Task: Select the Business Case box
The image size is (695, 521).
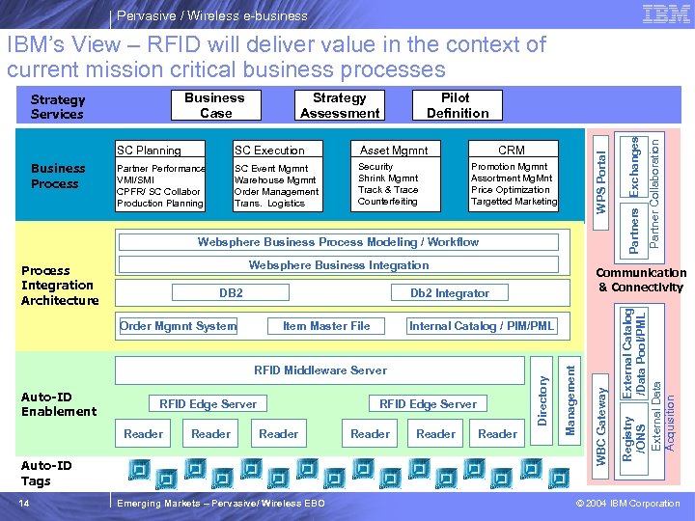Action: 214,105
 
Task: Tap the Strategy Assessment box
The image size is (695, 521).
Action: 340,105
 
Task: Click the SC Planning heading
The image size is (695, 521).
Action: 149,151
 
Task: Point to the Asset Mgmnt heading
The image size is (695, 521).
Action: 394,151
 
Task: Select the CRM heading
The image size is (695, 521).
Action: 512,151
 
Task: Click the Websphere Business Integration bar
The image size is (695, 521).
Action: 339,265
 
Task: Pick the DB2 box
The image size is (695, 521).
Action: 232,293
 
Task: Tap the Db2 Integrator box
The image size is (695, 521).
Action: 450,293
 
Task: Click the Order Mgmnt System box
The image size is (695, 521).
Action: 179,326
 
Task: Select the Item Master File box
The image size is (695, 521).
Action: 326,326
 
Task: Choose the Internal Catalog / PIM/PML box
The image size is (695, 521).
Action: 483,326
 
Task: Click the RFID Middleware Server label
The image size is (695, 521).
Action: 320,370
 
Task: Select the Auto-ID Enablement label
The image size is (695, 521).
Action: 59,404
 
